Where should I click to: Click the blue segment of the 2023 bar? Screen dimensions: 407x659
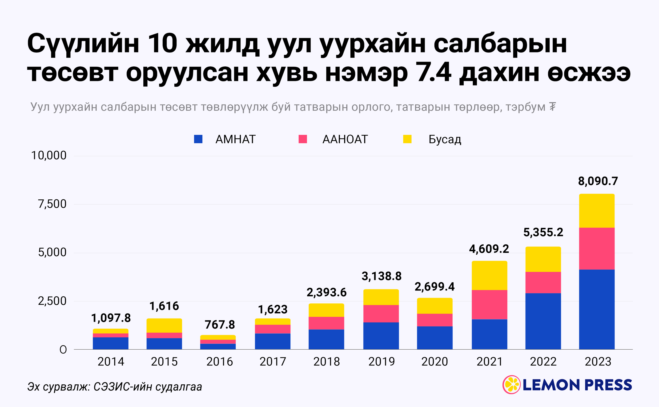point(597,309)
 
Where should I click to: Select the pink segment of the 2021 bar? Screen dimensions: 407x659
point(489,304)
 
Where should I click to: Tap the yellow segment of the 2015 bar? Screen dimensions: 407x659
point(164,326)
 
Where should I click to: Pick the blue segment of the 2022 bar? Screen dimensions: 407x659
point(543,321)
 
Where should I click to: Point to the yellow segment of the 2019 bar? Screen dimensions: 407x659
point(381,297)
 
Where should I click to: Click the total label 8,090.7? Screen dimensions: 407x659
point(598,181)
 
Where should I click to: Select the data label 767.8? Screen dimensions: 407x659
point(220,325)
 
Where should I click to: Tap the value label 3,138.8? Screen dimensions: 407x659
point(381,276)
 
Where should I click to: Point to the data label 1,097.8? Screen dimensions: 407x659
point(111,318)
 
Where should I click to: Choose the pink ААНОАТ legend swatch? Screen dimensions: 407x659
point(303,139)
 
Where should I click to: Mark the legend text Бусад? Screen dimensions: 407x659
point(445,139)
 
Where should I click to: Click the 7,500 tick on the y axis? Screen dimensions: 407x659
point(52,204)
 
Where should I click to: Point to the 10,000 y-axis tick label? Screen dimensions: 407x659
point(49,156)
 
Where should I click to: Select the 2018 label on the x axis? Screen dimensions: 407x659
point(326,362)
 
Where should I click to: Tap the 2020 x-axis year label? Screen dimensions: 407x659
point(434,362)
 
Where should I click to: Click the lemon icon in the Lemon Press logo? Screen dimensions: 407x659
point(511,385)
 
